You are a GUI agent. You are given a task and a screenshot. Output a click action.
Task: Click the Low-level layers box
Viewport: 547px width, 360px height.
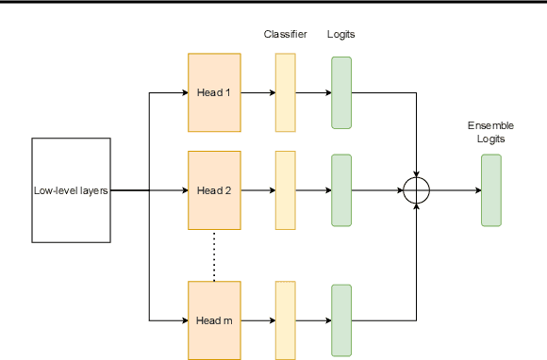point(72,190)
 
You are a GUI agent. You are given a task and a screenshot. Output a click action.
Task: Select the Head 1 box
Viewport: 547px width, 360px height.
point(214,92)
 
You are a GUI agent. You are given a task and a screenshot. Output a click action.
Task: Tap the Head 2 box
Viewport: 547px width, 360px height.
point(214,189)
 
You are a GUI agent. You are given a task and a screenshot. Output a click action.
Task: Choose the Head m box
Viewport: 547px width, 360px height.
point(214,320)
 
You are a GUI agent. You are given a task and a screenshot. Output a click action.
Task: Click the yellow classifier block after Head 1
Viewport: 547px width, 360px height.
point(285,92)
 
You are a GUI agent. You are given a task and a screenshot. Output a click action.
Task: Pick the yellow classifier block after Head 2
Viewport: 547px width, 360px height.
point(285,189)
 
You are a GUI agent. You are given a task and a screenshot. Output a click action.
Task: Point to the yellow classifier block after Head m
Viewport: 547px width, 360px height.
point(285,320)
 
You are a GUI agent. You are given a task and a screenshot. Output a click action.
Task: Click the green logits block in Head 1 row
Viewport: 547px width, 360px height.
point(341,92)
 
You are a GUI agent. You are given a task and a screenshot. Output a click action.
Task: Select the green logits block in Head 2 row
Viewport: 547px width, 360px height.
point(341,189)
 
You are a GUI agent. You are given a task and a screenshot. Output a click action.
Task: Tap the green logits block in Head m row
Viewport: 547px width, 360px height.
point(341,320)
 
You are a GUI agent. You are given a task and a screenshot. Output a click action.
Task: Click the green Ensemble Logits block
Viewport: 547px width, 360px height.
point(490,190)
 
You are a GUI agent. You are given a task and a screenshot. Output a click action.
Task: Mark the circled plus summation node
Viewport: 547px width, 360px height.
point(416,190)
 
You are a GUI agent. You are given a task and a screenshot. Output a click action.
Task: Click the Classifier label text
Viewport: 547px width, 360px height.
point(285,35)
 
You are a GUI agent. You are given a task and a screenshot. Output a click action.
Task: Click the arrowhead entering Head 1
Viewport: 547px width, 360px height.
point(184,92)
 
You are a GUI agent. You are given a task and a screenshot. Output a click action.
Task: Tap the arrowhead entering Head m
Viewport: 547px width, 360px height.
point(184,320)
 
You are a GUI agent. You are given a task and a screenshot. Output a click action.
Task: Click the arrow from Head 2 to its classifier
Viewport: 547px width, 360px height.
point(257,189)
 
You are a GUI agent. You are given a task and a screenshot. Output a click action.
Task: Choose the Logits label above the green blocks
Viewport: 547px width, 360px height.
point(341,35)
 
